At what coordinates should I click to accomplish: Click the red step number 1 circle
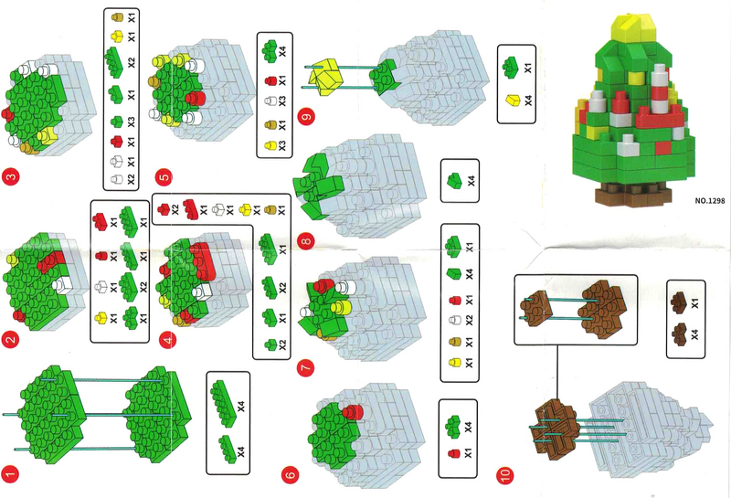point(10,474)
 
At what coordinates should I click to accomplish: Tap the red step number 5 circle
point(164,177)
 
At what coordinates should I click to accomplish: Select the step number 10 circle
point(506,475)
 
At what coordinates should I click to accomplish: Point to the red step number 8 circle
point(306,241)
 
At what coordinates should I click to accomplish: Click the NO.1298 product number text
point(710,200)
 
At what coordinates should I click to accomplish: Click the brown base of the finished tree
point(633,194)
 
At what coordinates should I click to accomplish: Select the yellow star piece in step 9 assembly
point(326,76)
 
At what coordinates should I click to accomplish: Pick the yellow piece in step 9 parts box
point(513,101)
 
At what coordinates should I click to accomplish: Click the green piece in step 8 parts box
point(454,181)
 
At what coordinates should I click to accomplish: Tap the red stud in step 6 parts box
point(453,453)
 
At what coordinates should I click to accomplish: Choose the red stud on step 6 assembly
point(353,412)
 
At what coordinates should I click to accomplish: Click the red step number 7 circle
point(306,367)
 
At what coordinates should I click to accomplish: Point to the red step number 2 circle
point(10,339)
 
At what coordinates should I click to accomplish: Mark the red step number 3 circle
point(10,176)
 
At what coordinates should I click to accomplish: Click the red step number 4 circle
point(168,340)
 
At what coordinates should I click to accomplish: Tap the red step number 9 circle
point(306,117)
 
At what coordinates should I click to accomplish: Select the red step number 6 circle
point(290,474)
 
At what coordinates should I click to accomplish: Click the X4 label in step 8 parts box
point(471,180)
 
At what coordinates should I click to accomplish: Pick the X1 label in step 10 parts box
point(694,302)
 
